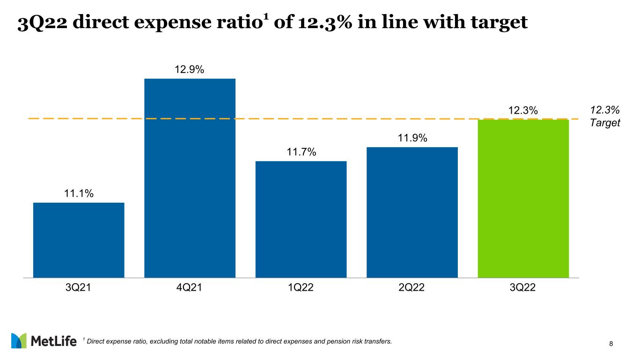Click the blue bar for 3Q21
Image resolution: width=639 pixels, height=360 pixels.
(x=79, y=240)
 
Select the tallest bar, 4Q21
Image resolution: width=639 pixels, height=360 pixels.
(x=190, y=178)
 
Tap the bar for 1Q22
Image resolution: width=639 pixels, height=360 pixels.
(x=301, y=219)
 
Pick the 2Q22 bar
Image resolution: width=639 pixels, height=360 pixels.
(x=412, y=212)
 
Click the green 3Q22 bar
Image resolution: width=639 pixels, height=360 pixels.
(x=523, y=198)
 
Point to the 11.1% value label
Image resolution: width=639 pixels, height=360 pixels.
(x=79, y=193)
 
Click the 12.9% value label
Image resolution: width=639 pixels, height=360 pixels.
(x=190, y=70)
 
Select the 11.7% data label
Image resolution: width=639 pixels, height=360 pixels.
(x=301, y=152)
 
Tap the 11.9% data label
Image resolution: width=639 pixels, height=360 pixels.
(x=412, y=138)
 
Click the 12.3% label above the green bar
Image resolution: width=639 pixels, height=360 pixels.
(x=523, y=110)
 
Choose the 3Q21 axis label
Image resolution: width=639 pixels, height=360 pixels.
(x=79, y=287)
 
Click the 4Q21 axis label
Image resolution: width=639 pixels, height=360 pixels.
(x=190, y=287)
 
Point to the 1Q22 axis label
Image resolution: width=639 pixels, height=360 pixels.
(x=301, y=287)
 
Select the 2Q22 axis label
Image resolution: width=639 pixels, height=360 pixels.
(x=412, y=287)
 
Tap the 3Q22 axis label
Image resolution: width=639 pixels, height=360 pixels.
(x=523, y=287)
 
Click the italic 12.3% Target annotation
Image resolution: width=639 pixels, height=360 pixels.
(x=605, y=117)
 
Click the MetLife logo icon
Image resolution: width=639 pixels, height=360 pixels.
(x=19, y=341)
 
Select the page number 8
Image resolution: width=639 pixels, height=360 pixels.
(x=611, y=344)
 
